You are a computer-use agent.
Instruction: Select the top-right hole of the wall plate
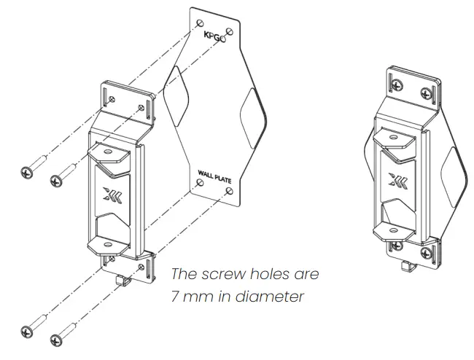pos(230,31)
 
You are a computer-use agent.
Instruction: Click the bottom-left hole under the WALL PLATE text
pos(200,185)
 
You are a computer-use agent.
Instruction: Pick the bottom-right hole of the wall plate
pos(230,191)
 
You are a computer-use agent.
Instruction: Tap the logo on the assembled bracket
pos(397,183)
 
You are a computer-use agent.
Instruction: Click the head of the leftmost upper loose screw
pos(26,172)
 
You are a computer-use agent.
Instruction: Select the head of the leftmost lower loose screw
pos(27,332)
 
